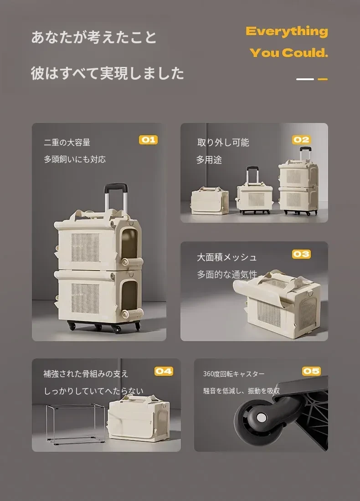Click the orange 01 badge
click(149, 140)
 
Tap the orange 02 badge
click(301, 140)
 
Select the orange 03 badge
click(301, 254)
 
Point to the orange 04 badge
click(164, 371)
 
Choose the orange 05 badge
click(311, 371)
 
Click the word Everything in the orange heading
click(287, 31)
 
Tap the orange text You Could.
click(289, 53)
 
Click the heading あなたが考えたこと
click(94, 37)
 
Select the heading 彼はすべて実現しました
click(108, 73)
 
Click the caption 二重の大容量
click(67, 143)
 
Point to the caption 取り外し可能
click(223, 143)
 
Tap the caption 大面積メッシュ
click(226, 257)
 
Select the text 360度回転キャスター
click(234, 374)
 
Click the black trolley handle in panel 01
click(116, 187)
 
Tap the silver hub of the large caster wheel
click(261, 417)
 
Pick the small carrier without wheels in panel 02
click(210, 201)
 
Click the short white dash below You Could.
click(305, 79)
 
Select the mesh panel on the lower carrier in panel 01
click(85, 298)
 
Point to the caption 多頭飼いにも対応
click(75, 159)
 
